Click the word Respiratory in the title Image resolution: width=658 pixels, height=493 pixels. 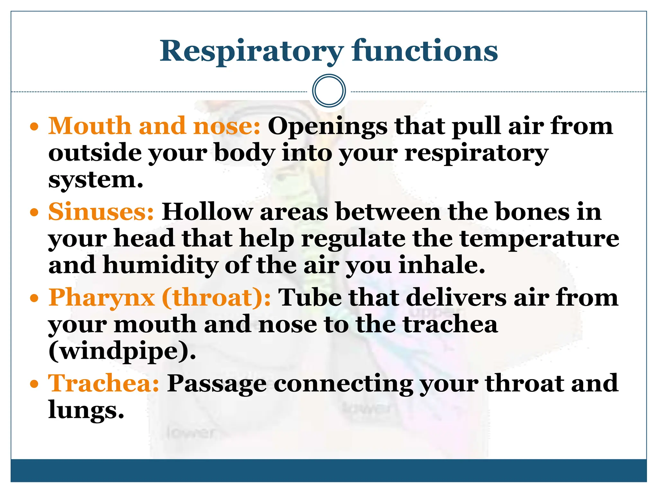[x=252, y=51]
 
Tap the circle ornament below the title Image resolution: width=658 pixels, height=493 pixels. [x=329, y=91]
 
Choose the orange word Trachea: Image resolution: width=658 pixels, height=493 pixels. [x=103, y=383]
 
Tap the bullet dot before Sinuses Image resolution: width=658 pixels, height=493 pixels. [x=34, y=212]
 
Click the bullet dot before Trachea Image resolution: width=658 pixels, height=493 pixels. [x=34, y=384]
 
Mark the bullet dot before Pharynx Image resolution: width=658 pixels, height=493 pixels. [x=34, y=298]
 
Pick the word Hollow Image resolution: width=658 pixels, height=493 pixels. [x=207, y=212]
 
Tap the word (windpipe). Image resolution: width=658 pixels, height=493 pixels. [x=122, y=352]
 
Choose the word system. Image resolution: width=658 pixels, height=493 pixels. [x=95, y=180]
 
